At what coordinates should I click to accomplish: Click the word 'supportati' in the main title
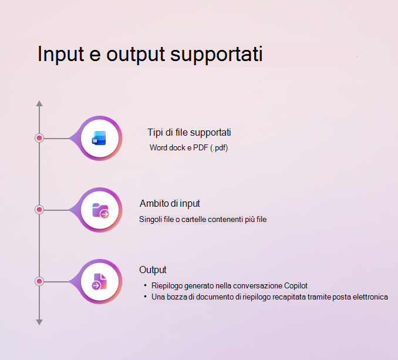(216, 55)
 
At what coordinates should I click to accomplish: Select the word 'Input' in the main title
(60, 53)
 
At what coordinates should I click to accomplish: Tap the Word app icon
(99, 138)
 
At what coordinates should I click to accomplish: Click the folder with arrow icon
(100, 210)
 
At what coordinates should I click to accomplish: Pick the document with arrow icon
(99, 281)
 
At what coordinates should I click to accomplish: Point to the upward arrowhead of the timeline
(39, 103)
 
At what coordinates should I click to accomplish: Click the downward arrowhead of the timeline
(39, 322)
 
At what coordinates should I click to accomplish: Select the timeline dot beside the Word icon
(39, 138)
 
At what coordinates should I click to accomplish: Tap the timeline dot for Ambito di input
(39, 210)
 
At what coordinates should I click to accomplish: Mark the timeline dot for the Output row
(39, 281)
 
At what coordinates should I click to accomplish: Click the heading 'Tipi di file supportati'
(189, 133)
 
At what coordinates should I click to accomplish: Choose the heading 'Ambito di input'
(170, 204)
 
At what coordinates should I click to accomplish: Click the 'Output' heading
(153, 270)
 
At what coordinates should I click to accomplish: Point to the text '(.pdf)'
(219, 148)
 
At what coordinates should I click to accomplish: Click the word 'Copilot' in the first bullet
(296, 286)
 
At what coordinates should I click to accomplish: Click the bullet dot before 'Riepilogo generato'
(145, 285)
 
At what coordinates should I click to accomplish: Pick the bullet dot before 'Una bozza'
(145, 296)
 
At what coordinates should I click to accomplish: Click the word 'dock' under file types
(177, 147)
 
